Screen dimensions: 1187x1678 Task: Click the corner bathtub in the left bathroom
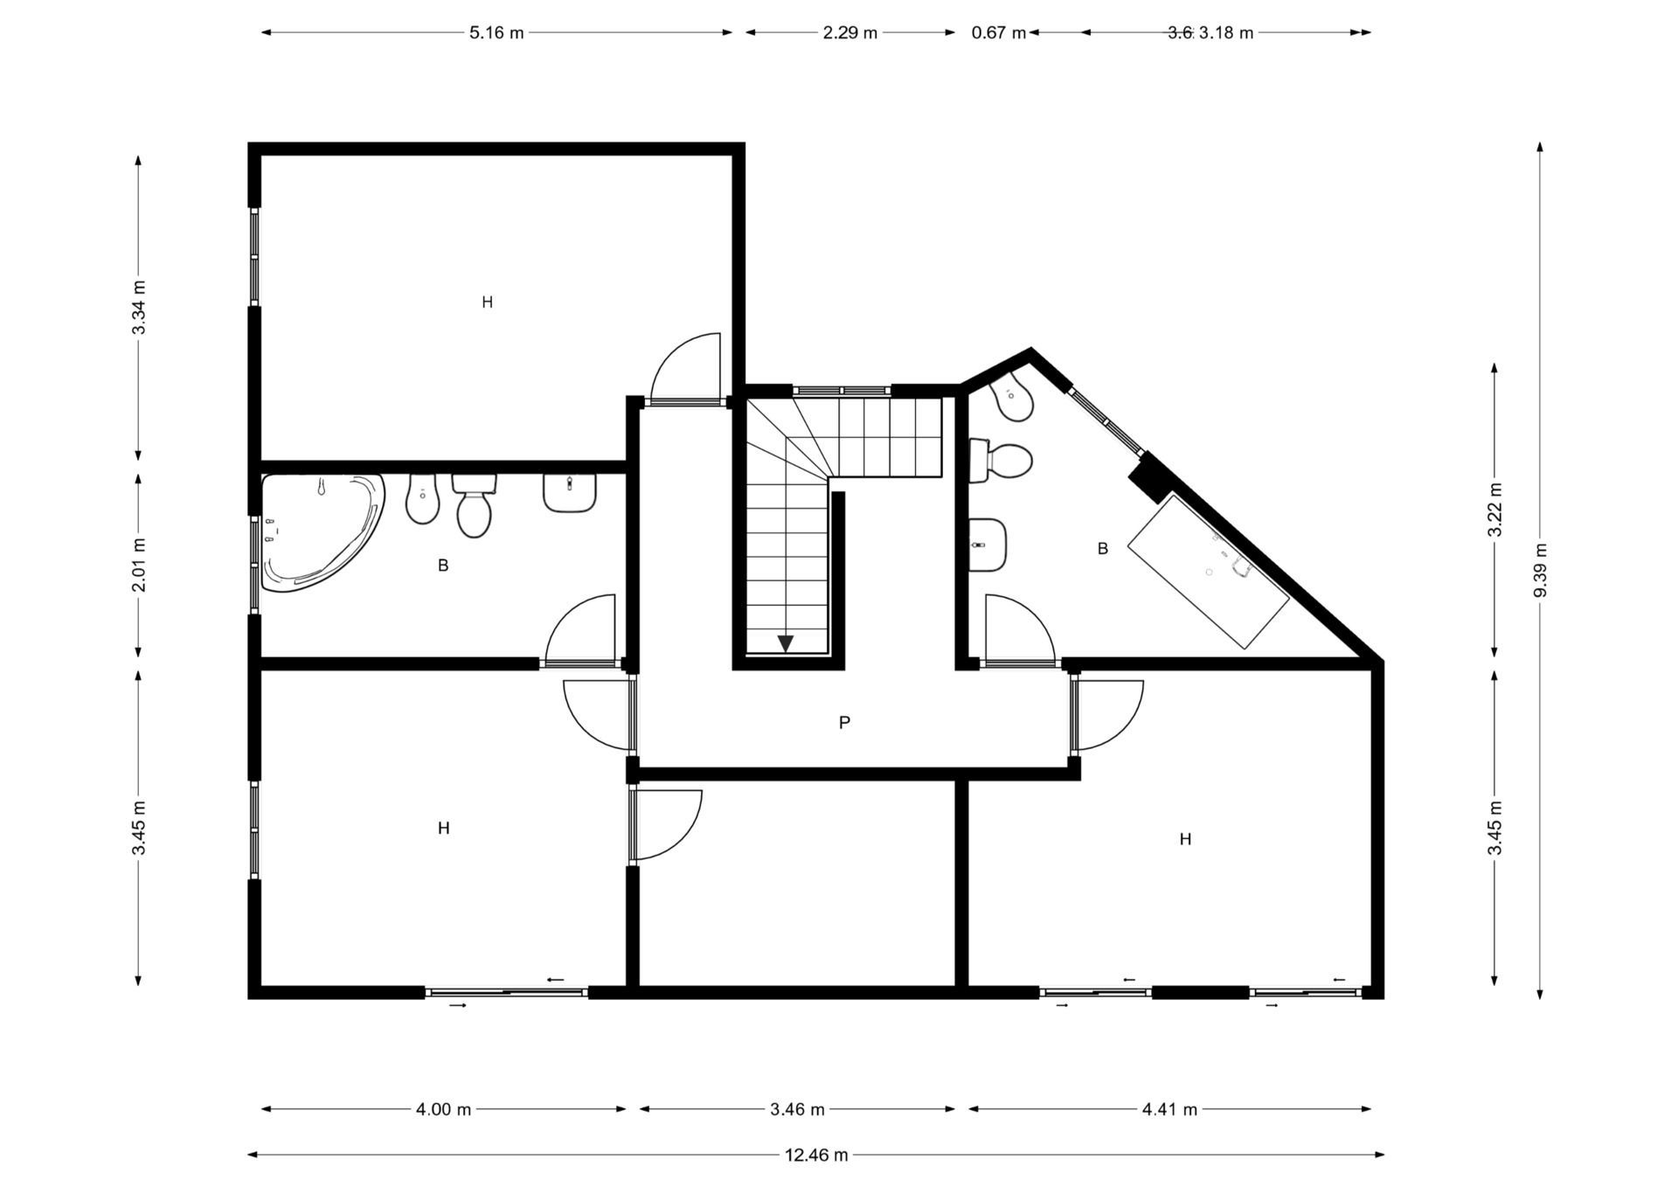(x=319, y=531)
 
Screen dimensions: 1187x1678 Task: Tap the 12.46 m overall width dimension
(x=815, y=1155)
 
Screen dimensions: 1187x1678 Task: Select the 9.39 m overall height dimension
(x=1540, y=570)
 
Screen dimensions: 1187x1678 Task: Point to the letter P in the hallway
(x=844, y=723)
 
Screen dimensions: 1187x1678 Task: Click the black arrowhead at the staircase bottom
(x=785, y=643)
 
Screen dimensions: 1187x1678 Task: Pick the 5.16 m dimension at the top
(x=496, y=33)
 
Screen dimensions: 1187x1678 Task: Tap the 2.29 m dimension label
(x=849, y=33)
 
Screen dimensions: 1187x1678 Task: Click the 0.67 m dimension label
(x=998, y=33)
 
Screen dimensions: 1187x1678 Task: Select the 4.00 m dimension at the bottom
(x=443, y=1109)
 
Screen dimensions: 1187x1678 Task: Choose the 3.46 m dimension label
(x=797, y=1109)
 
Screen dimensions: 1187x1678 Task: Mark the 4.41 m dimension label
(x=1169, y=1109)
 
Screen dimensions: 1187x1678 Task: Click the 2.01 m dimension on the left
(x=139, y=565)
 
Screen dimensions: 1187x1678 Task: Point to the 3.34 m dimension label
(x=139, y=307)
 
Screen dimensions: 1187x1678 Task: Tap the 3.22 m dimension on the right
(x=1494, y=510)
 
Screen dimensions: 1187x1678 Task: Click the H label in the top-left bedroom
(x=488, y=302)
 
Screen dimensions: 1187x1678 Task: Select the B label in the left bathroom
(x=443, y=566)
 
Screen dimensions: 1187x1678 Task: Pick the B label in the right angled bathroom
(x=1103, y=549)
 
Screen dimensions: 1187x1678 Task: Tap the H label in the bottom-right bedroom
(x=1185, y=839)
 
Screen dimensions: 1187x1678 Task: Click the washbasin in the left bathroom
(x=569, y=493)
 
